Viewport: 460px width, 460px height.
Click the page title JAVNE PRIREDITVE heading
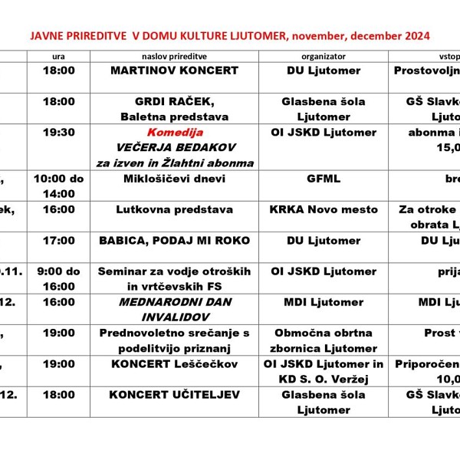229,35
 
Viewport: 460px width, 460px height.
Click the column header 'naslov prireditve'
174,56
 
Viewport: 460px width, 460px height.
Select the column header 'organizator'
324,56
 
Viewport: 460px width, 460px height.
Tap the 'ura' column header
58,56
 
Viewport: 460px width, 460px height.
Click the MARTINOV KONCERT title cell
174,71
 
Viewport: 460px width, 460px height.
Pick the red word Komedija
174,133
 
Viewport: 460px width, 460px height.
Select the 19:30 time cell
59,133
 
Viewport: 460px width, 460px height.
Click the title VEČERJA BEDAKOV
174,147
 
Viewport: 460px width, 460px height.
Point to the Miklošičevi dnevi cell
174,179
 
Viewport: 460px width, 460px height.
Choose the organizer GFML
324,179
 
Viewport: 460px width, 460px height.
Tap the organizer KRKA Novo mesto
324,209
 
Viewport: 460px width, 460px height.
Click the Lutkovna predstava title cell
174,209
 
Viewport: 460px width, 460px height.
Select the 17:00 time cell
59,241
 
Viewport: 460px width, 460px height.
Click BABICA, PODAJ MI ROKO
174,241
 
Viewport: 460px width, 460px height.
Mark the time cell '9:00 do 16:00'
59,278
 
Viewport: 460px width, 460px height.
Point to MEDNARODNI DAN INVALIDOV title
174,309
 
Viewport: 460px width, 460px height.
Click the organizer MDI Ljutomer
324,302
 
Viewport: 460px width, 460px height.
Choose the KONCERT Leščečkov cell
174,364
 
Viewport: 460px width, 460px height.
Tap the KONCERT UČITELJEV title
174,395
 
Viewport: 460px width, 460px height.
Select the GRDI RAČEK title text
174,102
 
